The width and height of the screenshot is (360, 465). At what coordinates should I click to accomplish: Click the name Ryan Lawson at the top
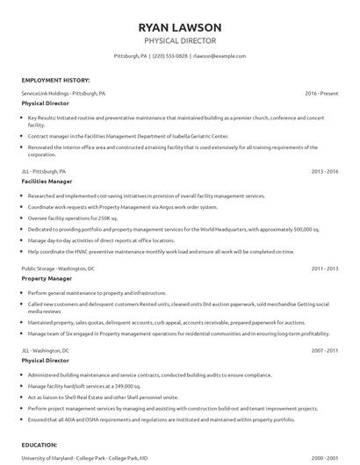[180, 26]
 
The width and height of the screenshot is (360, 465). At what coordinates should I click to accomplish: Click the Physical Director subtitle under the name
[180, 40]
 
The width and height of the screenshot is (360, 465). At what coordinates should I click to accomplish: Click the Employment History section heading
[54, 80]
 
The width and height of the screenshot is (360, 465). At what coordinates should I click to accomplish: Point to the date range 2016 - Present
[322, 93]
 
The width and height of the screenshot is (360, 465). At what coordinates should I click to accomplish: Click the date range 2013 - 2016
[325, 172]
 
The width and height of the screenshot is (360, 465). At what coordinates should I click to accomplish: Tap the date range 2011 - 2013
[325, 268]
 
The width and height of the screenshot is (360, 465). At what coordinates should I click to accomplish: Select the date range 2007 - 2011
[325, 349]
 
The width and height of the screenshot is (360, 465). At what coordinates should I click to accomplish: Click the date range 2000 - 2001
[325, 457]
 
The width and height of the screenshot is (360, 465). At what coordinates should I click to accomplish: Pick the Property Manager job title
[47, 278]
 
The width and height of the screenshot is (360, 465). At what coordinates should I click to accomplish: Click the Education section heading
[40, 445]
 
